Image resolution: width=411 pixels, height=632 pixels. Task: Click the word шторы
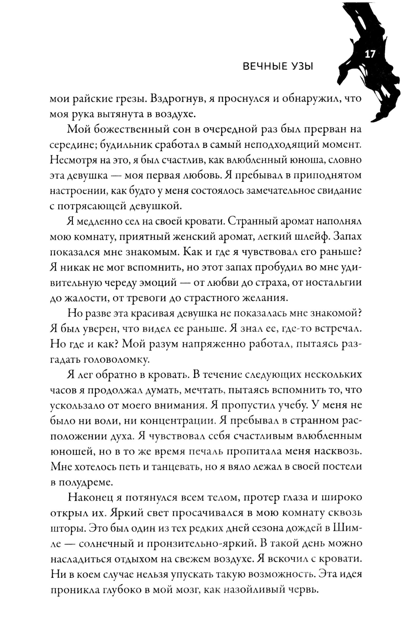[67, 528]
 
